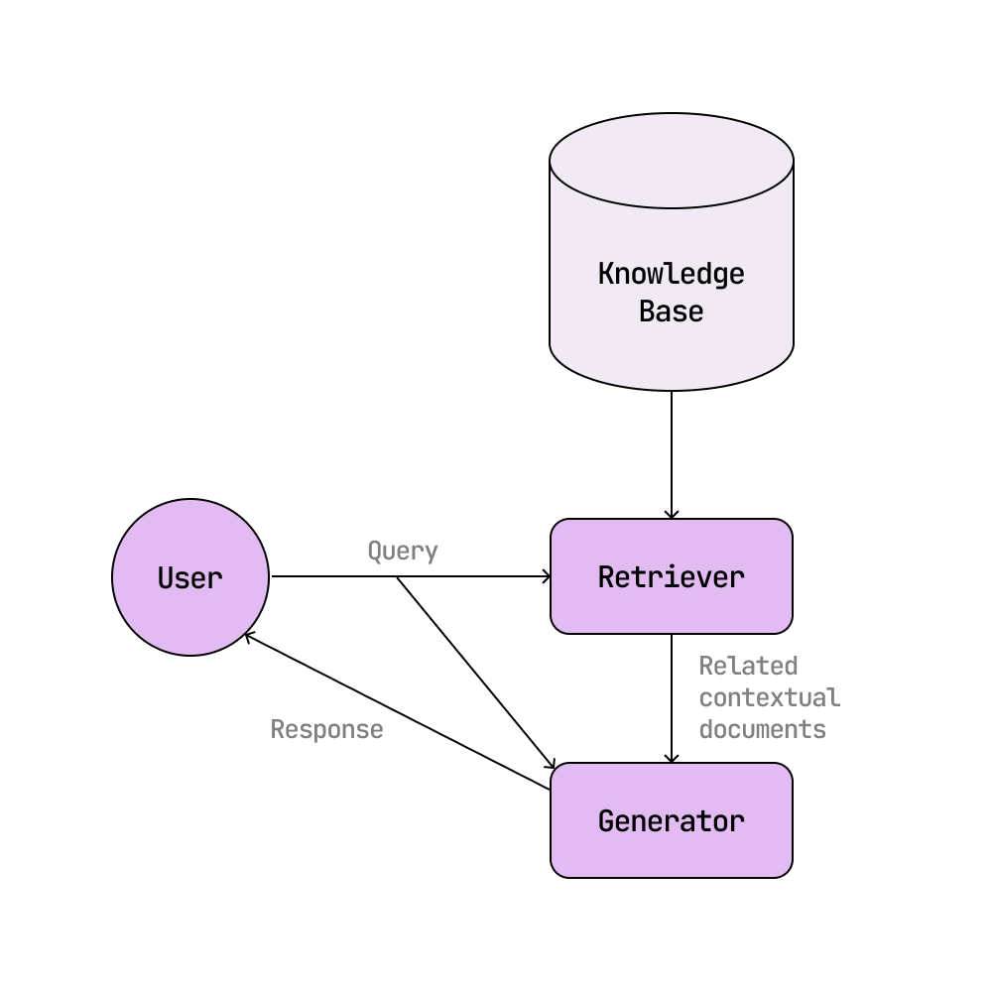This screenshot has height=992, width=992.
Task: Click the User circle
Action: (x=189, y=577)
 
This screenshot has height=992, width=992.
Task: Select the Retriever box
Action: (x=672, y=576)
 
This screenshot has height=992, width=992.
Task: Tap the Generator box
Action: (x=672, y=820)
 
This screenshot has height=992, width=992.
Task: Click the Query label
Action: (x=403, y=552)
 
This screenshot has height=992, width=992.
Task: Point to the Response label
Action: (x=326, y=730)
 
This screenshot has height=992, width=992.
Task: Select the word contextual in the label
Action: (x=769, y=697)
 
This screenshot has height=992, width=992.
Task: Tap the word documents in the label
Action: (x=762, y=730)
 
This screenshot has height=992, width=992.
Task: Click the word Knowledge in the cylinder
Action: (x=672, y=274)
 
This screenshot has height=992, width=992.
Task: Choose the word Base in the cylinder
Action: (x=672, y=311)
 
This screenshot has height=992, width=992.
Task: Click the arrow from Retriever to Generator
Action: (x=672, y=694)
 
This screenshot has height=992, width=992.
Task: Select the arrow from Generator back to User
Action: (x=397, y=711)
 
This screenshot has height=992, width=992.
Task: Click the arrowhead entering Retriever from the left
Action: (x=547, y=576)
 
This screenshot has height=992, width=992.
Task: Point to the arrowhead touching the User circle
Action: (x=248, y=636)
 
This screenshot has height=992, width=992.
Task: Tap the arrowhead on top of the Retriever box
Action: (x=672, y=515)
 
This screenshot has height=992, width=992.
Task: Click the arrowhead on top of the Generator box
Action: (x=672, y=759)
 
